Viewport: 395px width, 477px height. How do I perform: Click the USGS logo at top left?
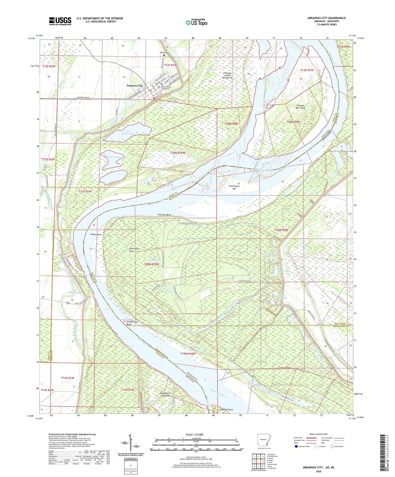pos(60,21)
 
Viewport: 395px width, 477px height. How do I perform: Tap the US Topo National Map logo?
pos(196,22)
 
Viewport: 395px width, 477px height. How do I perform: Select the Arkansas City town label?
pos(134,86)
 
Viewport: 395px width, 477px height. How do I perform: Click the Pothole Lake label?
pos(113,157)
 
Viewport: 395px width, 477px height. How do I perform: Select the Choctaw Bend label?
pos(164,215)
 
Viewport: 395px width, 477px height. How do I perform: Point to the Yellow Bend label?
pos(96,235)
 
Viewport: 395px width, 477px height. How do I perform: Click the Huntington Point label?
pos(134,250)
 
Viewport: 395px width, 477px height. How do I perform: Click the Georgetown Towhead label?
pos(165,394)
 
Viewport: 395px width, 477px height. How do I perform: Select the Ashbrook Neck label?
pos(226,410)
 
